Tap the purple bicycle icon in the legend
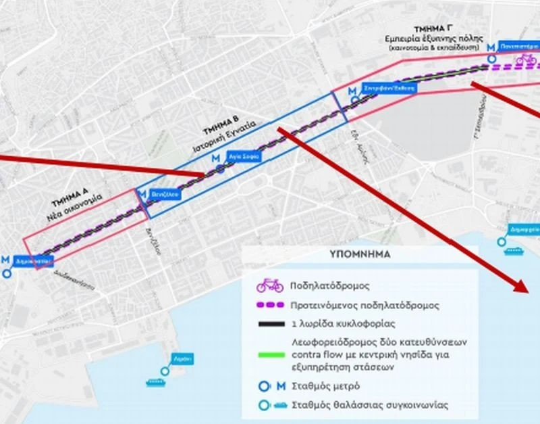click(269, 285)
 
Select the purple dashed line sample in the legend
click(269, 305)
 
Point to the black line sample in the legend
click(269, 324)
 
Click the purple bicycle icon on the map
click(526, 60)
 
